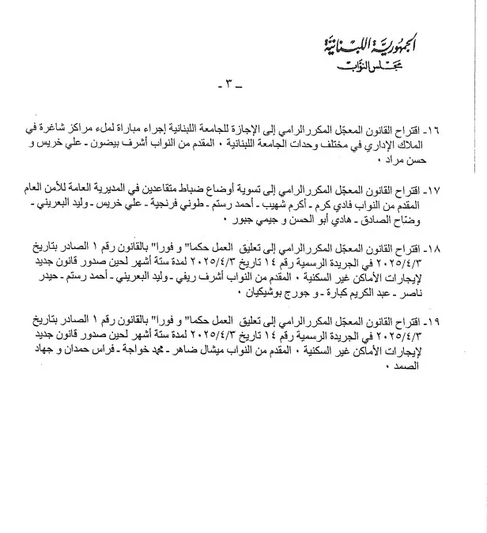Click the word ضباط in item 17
click(222, 191)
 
